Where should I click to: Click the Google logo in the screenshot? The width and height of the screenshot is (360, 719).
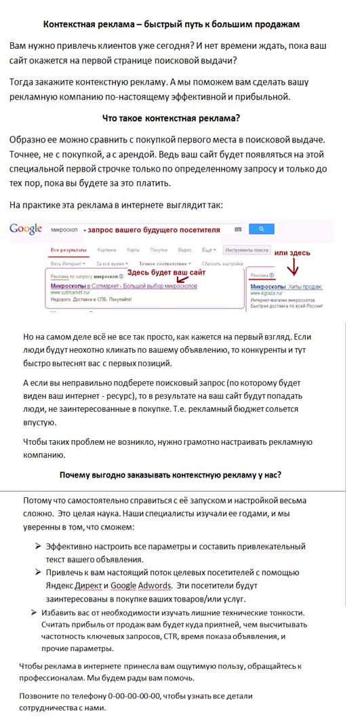pyautogui.click(x=26, y=229)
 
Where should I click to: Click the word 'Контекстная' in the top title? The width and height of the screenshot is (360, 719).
pyautogui.click(x=73, y=24)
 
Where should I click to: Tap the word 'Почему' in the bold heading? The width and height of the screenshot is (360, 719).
pyautogui.click(x=77, y=474)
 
